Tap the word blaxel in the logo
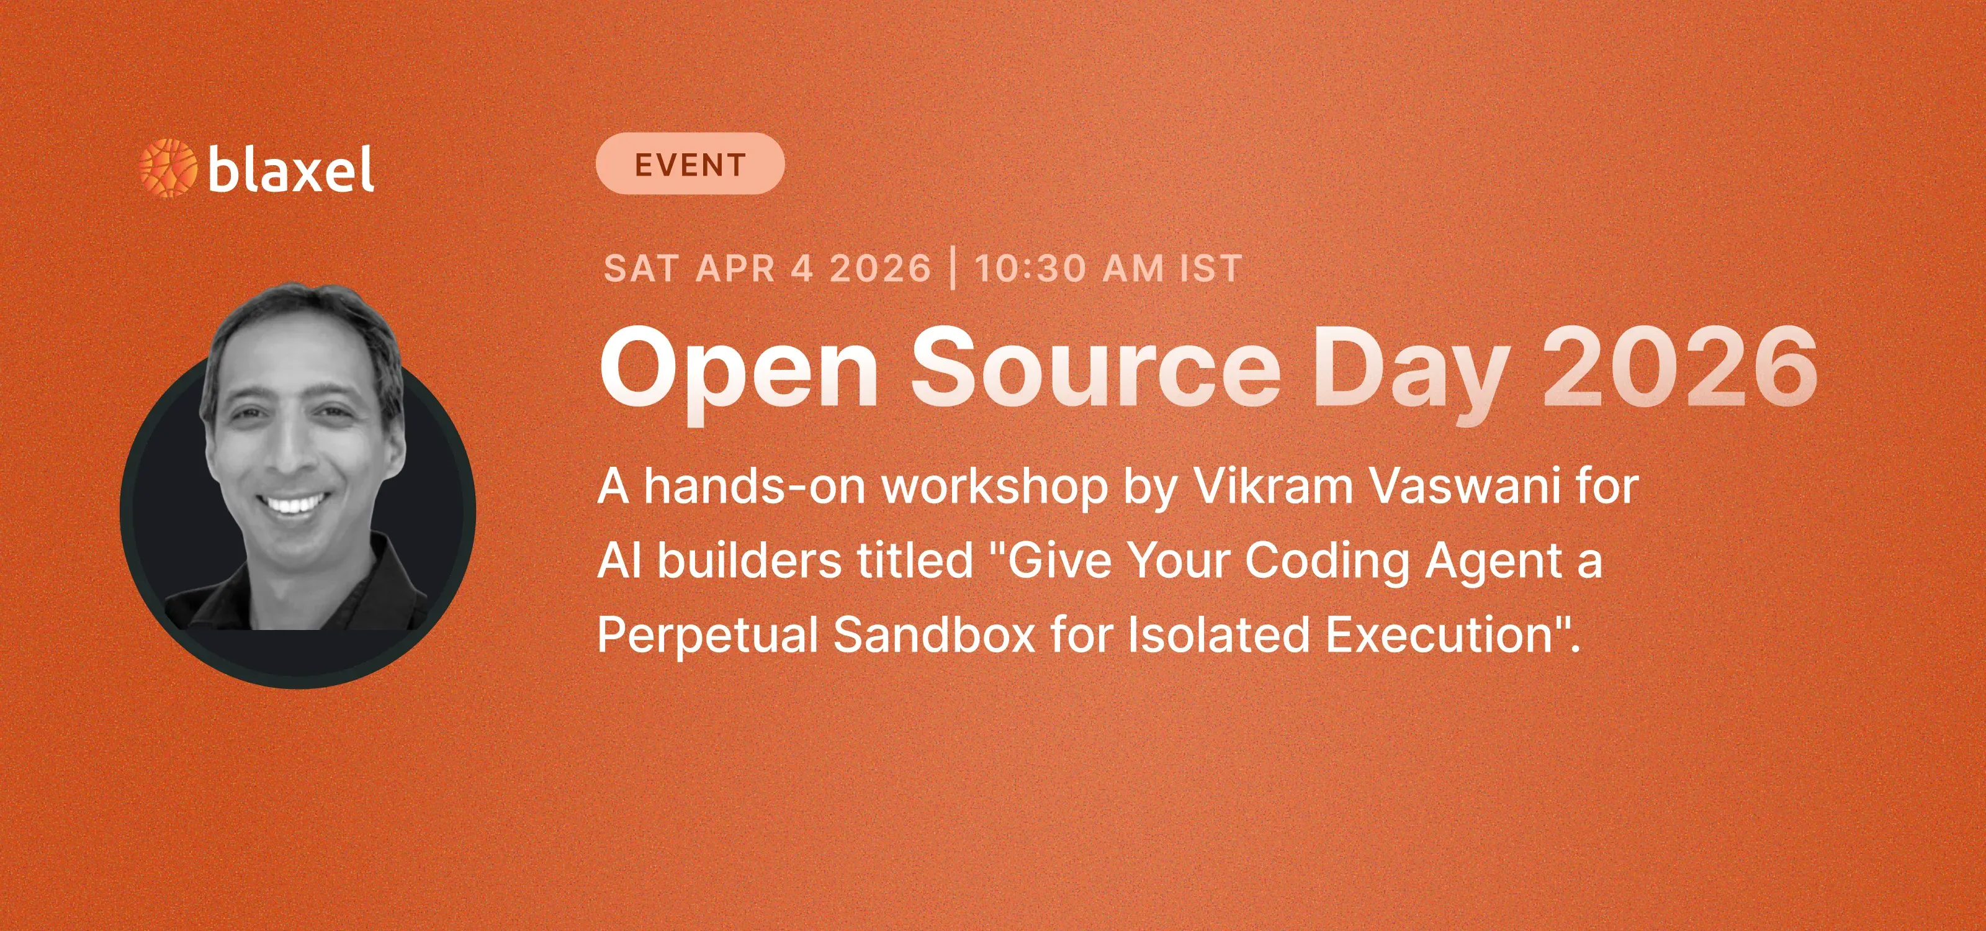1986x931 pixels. tap(290, 169)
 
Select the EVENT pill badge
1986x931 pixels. tap(690, 163)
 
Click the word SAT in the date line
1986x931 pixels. tap(640, 269)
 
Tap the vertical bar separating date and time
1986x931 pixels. tap(954, 268)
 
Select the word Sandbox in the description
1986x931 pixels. tap(933, 635)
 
